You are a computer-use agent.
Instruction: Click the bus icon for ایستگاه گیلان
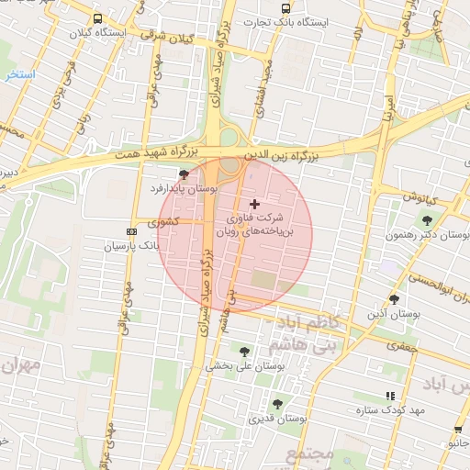coord(97,18)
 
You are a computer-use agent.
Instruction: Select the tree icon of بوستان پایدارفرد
coord(185,173)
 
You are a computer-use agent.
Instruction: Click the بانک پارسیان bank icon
coord(131,232)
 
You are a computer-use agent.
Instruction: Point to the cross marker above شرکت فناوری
coord(254,203)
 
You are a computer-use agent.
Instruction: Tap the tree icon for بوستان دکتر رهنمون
coord(427,220)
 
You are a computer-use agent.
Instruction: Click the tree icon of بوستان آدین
coord(394,299)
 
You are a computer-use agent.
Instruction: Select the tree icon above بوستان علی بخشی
coord(244,351)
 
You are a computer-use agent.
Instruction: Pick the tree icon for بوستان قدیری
coord(277,404)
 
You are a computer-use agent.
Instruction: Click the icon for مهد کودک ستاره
coord(390,396)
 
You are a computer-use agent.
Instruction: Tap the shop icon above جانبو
coord(457,430)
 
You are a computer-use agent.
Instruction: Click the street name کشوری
coord(168,221)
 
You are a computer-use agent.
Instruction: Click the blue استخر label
coord(19,73)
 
